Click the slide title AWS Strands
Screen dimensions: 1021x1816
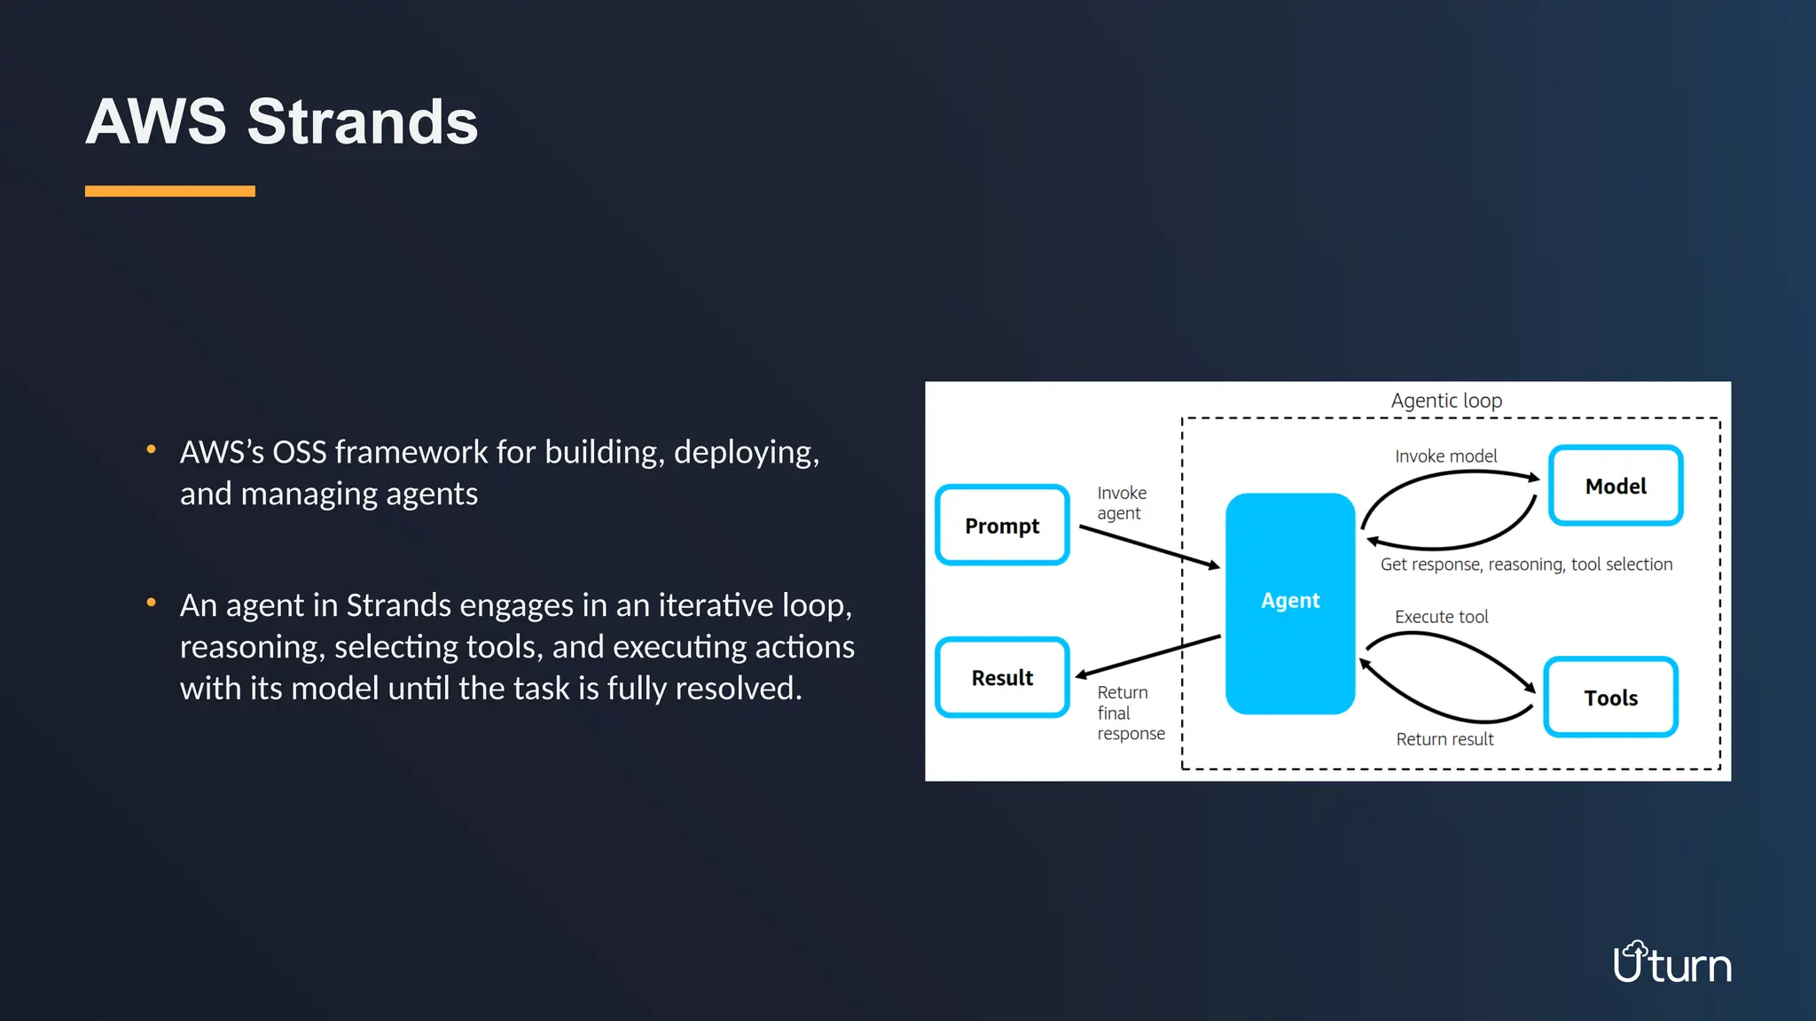(x=282, y=121)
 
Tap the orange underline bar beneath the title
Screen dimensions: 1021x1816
(x=169, y=191)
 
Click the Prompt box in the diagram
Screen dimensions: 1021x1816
(x=1002, y=526)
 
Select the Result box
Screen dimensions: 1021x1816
(x=1002, y=678)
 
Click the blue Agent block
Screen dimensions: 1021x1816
(x=1290, y=603)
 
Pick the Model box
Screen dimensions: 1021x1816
(x=1616, y=486)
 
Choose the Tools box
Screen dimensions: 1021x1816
(x=1610, y=698)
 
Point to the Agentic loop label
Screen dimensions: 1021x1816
(x=1446, y=401)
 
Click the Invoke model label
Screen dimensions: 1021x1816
(x=1445, y=456)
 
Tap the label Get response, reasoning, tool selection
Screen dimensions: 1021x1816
(x=1526, y=565)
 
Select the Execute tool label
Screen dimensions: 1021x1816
(x=1441, y=617)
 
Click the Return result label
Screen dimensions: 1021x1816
(x=1444, y=739)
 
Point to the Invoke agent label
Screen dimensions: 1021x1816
(x=1121, y=503)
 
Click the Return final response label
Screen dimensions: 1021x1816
(x=1130, y=713)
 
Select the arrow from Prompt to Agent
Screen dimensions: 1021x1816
(x=1149, y=547)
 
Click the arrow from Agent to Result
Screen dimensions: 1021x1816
(x=1149, y=657)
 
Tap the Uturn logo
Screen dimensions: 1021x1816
(x=1671, y=963)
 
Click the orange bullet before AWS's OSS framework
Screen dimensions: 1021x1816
(x=152, y=449)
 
